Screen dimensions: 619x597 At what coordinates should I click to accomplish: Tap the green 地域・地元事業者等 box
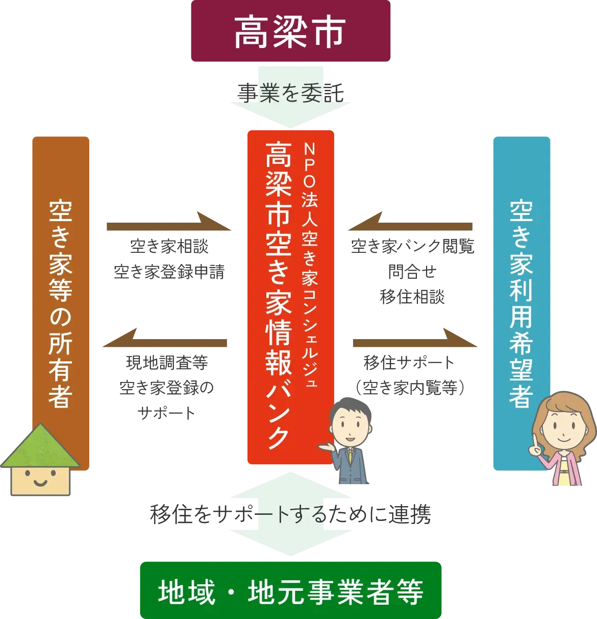click(290, 590)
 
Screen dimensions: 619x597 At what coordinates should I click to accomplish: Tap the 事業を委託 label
click(291, 93)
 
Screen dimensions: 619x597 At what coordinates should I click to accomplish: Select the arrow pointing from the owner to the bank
click(168, 225)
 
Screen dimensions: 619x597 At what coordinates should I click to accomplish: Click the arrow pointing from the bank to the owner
click(166, 341)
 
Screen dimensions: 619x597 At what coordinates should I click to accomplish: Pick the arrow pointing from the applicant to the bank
click(411, 225)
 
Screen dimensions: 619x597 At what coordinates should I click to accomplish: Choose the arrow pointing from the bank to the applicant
click(416, 341)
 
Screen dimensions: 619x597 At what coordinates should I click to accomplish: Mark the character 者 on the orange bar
click(60, 396)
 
